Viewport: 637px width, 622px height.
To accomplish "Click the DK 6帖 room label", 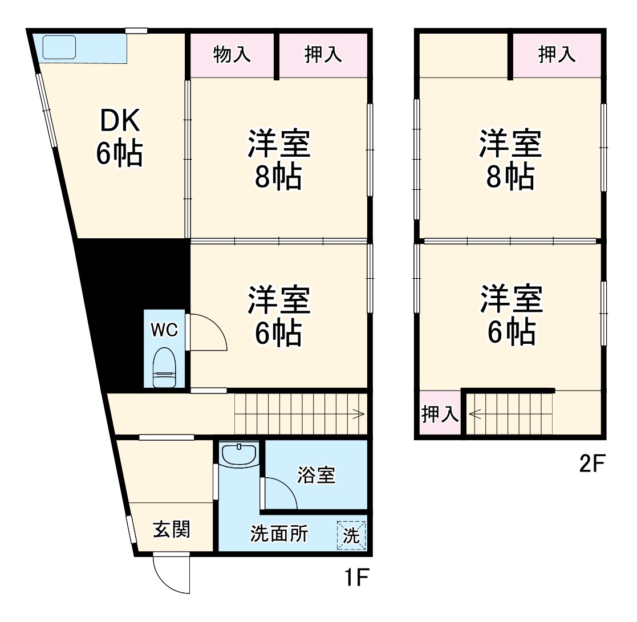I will (x=120, y=137).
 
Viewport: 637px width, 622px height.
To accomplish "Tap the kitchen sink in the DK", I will (x=59, y=47).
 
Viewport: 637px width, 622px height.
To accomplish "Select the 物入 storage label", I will (x=232, y=55).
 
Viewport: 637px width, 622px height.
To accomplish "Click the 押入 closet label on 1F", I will (x=323, y=55).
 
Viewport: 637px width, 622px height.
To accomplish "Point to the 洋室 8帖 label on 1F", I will (x=279, y=160).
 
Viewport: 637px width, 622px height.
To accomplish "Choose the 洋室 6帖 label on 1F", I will (x=279, y=317).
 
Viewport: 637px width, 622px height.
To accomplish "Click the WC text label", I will (x=164, y=329).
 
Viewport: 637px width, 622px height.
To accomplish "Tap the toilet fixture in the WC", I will (x=165, y=368).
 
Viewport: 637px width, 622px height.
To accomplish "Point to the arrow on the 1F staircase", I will (x=359, y=414).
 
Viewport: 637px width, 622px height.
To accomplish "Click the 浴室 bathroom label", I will (x=316, y=475).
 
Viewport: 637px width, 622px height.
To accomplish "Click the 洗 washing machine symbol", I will (x=351, y=536).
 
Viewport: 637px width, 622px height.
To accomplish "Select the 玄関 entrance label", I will (x=171, y=530).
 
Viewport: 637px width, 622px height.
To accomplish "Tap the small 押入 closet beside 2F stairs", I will (x=440, y=414).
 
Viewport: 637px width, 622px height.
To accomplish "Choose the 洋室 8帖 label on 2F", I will (x=511, y=160).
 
